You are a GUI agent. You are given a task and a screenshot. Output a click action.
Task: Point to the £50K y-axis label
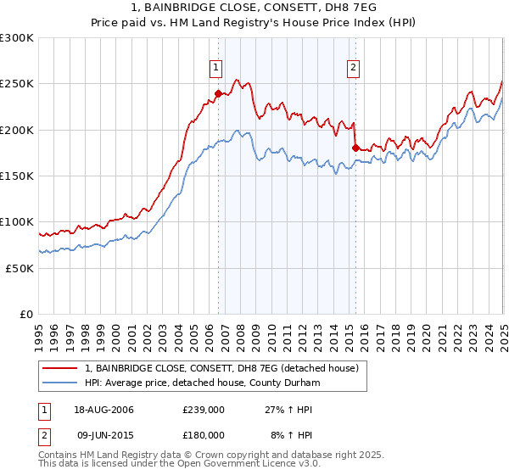pos(20,268)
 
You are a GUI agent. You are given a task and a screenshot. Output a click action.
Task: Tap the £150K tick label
pos(16,176)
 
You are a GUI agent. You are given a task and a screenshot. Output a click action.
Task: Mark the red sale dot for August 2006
pos(219,94)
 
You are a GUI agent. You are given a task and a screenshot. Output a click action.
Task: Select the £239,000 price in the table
pos(203,410)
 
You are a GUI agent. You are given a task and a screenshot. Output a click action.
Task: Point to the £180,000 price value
pos(203,434)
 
